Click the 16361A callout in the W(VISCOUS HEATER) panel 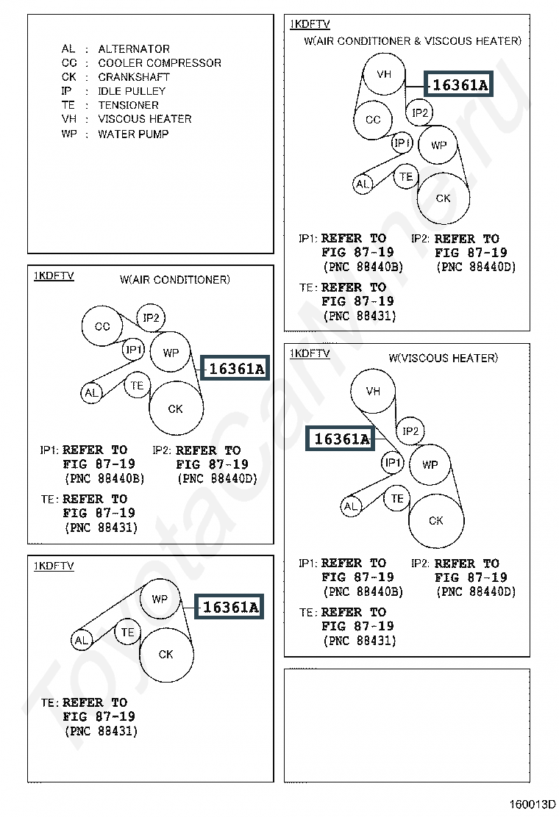tap(340, 439)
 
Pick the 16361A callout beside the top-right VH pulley tap(458, 84)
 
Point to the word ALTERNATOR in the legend tap(134, 49)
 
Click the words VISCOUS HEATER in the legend tap(145, 119)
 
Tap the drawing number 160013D tap(533, 804)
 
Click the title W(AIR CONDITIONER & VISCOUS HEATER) tap(413, 40)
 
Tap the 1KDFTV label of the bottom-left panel tap(54, 566)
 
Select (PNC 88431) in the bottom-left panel tap(102, 731)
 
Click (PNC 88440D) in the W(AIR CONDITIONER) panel tap(218, 478)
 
